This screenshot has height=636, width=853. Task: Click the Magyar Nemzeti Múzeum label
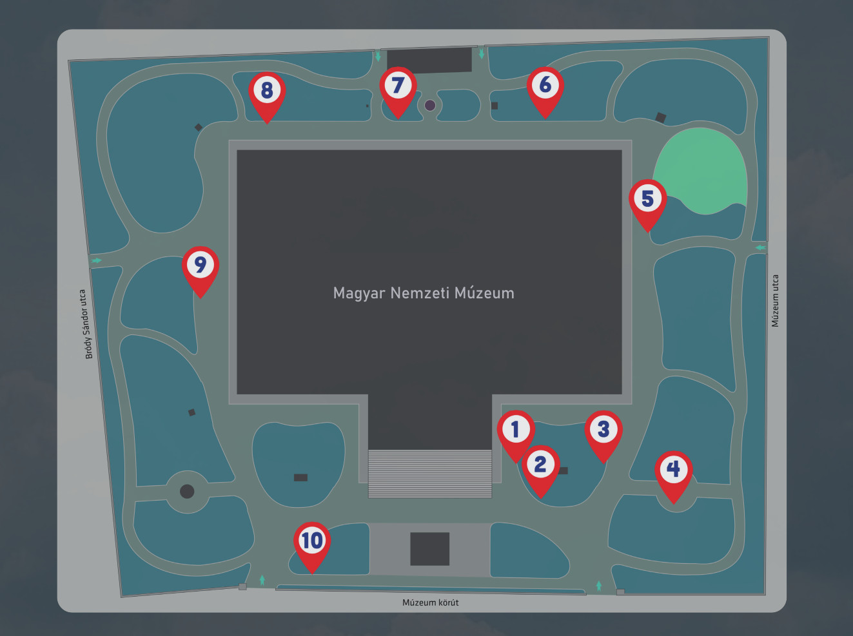click(x=424, y=293)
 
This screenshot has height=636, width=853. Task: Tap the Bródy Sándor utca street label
click(x=86, y=324)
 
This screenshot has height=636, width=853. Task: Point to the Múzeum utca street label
click(x=775, y=301)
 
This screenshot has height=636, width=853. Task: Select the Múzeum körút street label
click(x=430, y=602)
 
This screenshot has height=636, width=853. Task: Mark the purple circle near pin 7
click(x=430, y=105)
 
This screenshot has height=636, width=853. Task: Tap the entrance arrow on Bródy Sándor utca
click(x=96, y=260)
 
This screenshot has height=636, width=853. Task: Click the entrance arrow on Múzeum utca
click(x=761, y=247)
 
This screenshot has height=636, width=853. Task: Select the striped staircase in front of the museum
click(x=430, y=474)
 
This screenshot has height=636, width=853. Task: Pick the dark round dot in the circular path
click(x=187, y=491)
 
